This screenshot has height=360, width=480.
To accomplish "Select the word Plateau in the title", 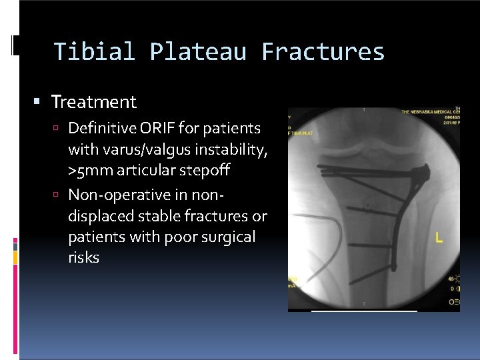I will click(x=197, y=51).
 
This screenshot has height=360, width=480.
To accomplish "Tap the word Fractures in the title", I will click(x=323, y=51).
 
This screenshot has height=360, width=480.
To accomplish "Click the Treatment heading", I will click(x=93, y=102).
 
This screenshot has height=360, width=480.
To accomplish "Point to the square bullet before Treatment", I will click(x=38, y=103).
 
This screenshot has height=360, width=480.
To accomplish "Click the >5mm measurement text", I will click(x=90, y=171).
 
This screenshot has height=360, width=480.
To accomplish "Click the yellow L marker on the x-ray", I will click(x=438, y=237).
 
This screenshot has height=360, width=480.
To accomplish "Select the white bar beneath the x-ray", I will click(x=365, y=311).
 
